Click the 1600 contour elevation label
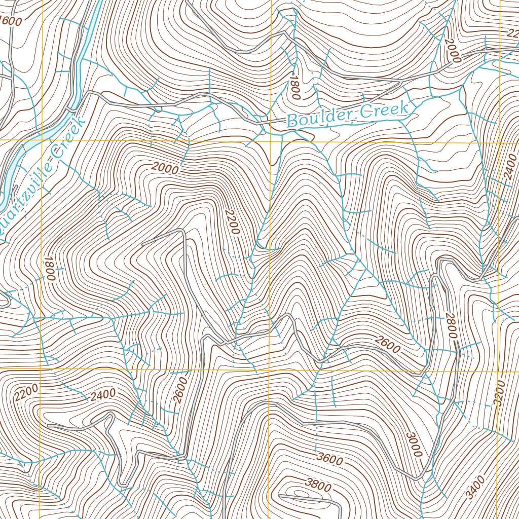(12, 21)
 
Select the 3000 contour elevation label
(414, 444)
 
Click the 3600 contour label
(329, 460)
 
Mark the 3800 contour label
(318, 486)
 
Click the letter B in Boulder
(292, 121)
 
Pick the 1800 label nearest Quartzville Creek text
(49, 268)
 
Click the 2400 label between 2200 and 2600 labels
(103, 394)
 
